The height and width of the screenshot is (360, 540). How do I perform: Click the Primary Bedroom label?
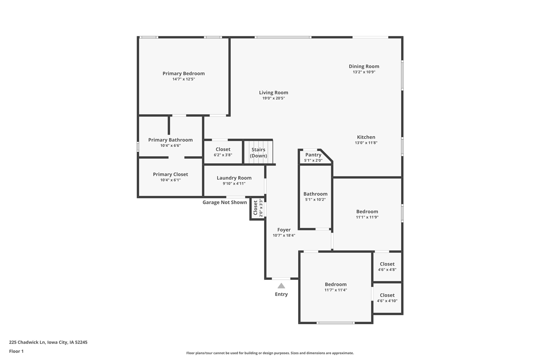[184, 73]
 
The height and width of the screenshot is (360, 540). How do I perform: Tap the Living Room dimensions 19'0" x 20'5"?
[273, 98]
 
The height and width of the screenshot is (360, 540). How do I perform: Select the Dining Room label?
[364, 66]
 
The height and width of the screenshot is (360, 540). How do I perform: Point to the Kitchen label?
[366, 137]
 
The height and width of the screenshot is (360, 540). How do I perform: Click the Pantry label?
[313, 155]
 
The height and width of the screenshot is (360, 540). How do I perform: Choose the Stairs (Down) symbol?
[258, 152]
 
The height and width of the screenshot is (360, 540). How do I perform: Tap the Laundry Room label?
[234, 178]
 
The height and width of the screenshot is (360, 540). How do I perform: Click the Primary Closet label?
[170, 174]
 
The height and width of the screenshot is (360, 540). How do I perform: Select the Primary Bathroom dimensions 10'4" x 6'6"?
[170, 146]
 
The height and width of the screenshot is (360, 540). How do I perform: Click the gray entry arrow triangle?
[281, 286]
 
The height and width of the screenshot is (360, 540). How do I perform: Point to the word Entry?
[281, 294]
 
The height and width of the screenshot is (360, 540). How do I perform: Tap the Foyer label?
[283, 230]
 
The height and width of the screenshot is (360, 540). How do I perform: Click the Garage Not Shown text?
[224, 203]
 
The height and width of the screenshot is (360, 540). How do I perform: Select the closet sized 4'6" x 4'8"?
[387, 267]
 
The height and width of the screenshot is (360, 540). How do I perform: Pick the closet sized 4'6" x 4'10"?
[387, 298]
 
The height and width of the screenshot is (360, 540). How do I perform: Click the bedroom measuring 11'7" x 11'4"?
[335, 287]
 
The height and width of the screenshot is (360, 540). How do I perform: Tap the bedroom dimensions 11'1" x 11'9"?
[367, 217]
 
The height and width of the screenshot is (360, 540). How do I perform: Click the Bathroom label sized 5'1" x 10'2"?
[315, 194]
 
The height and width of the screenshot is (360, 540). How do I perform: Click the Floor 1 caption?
[16, 351]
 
